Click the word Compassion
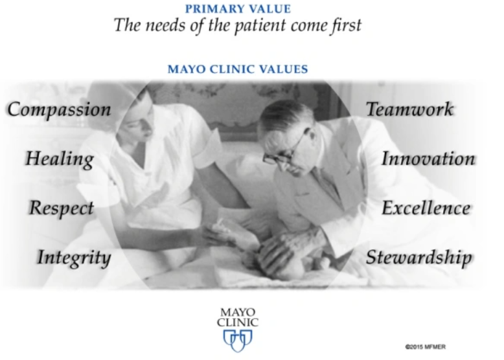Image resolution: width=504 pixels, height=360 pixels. point(59,109)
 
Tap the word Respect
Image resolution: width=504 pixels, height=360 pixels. point(62,208)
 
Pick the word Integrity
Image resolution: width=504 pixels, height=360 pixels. point(73,258)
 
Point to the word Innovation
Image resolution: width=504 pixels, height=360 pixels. point(428,159)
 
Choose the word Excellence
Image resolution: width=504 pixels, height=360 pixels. point(426,208)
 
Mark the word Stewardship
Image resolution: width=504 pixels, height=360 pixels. point(418,258)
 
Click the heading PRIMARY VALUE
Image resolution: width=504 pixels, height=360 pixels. point(238,9)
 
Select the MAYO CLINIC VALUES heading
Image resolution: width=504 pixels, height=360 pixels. point(238,69)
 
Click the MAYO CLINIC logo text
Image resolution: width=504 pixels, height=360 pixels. point(238,317)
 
